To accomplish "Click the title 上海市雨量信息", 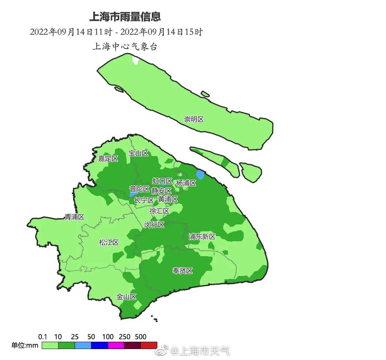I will (x=125, y=17).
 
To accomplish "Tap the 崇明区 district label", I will (x=194, y=119).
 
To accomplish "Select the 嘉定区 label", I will (x=108, y=159).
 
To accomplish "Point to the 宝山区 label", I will (x=138, y=153).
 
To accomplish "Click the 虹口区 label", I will (x=162, y=181).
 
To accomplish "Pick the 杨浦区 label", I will (x=186, y=183).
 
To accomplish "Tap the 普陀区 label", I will (x=139, y=189).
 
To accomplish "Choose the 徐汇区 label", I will (x=159, y=211).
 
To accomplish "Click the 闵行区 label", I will (x=154, y=225).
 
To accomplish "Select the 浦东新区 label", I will (x=202, y=237).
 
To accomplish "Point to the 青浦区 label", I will (x=74, y=217).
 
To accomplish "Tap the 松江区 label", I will (x=109, y=242).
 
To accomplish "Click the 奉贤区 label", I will (x=183, y=271).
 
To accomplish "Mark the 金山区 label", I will (x=126, y=297).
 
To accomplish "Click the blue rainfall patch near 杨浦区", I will (x=200, y=174).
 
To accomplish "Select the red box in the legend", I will (x=149, y=345).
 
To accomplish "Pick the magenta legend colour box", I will (x=116, y=345).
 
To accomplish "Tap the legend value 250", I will (x=124, y=337).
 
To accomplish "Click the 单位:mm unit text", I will (x=25, y=345).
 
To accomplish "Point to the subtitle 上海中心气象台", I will (x=125, y=47).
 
